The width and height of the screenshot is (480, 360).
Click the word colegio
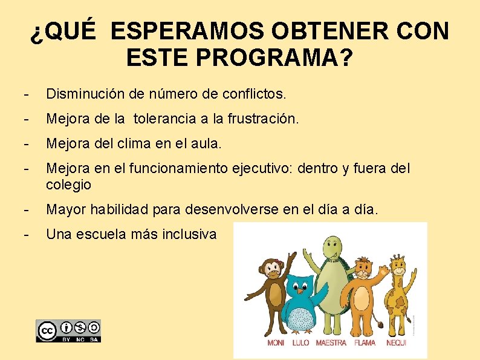(68, 184)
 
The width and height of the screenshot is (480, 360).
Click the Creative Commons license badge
(68, 331)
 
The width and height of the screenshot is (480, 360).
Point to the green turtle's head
(331, 249)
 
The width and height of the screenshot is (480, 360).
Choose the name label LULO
(300, 343)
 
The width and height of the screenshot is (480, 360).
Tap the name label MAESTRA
(331, 343)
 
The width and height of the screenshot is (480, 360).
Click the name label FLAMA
(365, 343)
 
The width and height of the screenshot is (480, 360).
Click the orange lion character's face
(363, 267)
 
